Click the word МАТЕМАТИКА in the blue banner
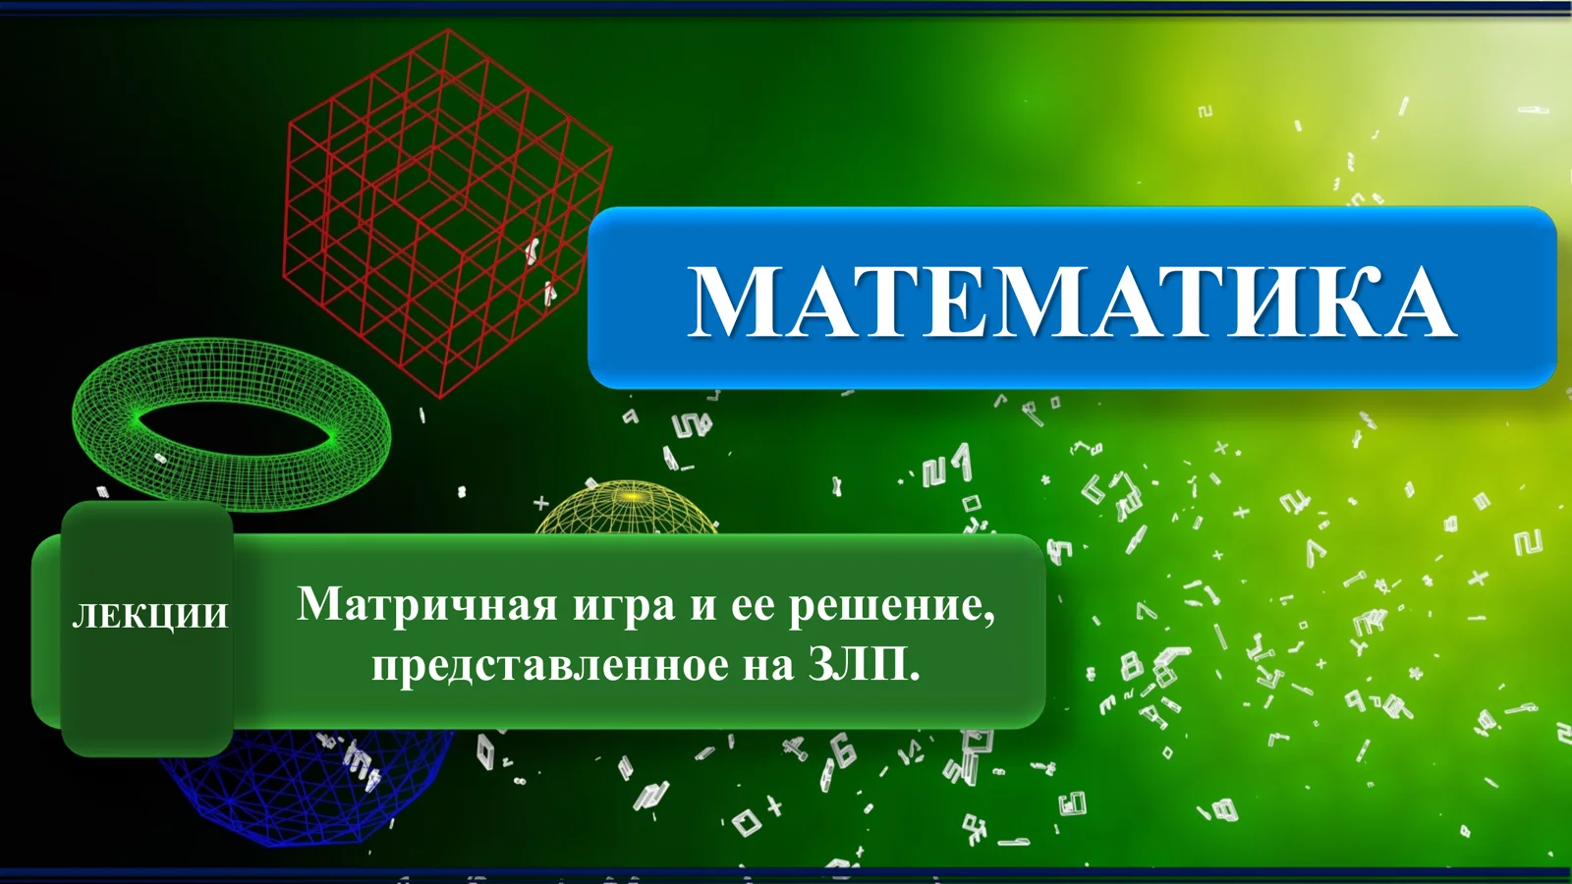click(1071, 302)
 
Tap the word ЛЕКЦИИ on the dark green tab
click(149, 616)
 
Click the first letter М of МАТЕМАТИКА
click(738, 303)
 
